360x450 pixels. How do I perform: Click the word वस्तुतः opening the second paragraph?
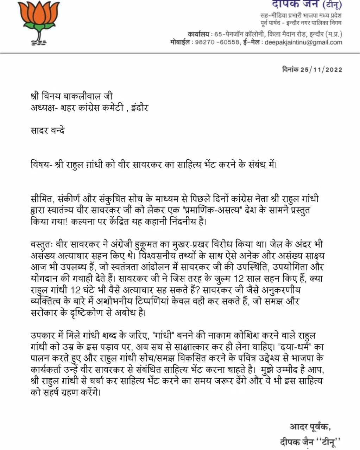[x=42, y=244]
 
